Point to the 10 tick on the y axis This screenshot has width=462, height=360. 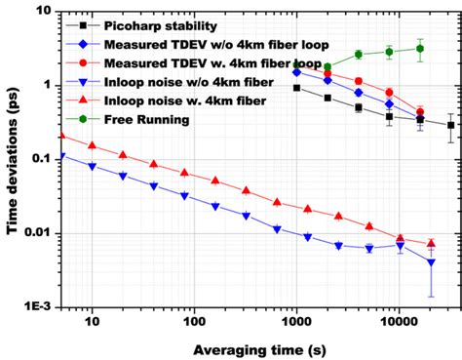(x=45, y=12)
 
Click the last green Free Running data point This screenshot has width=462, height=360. (x=420, y=48)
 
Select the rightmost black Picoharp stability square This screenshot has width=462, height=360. (x=450, y=125)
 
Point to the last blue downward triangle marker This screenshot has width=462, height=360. (x=431, y=262)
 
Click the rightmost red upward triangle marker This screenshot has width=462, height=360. (x=431, y=243)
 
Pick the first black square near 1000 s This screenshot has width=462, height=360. (x=296, y=88)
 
